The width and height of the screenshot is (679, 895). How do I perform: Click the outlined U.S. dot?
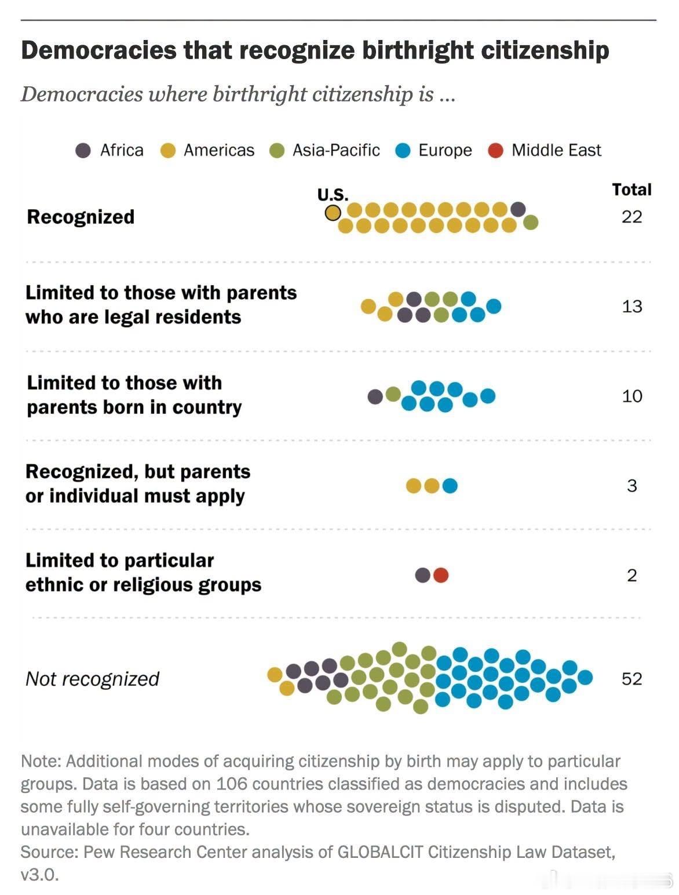coord(333,213)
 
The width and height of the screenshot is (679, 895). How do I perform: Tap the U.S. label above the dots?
coord(333,195)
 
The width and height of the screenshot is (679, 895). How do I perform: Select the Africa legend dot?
coord(83,150)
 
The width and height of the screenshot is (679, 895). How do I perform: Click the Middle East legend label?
coord(556,150)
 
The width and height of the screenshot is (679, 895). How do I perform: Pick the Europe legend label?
coord(445,151)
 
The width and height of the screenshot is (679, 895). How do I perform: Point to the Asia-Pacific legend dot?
coord(277,150)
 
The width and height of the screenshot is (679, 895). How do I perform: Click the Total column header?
coord(631,190)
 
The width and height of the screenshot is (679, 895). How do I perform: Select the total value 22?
coord(631,217)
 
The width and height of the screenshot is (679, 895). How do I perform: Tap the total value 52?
coord(631,678)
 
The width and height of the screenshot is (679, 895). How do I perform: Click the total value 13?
coord(631,306)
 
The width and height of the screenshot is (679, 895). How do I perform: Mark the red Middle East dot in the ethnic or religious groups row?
coord(440,575)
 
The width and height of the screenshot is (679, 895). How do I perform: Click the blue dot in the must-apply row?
coord(450,485)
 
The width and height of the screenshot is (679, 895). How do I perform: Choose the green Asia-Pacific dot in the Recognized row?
coord(530,222)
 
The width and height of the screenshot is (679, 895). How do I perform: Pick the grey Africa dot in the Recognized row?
coord(518,209)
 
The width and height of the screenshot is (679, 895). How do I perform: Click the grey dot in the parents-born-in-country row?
coord(375,396)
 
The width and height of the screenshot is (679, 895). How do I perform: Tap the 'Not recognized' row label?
coord(92,679)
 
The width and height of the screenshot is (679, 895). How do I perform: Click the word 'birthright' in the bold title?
coord(418,50)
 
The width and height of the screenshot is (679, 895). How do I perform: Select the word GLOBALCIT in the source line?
coord(380,852)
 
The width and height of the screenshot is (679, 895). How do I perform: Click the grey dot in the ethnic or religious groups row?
coord(423,575)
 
